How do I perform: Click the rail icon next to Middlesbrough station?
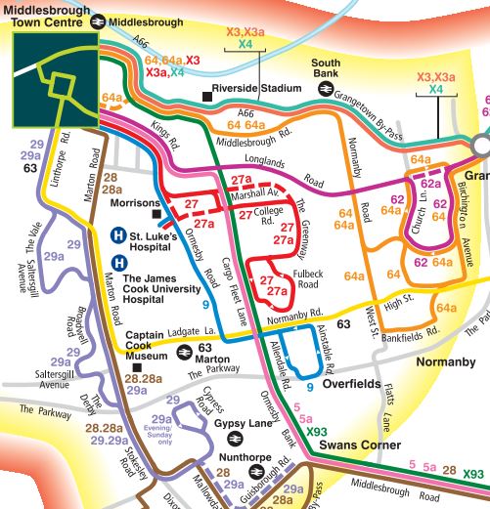(x=98, y=21)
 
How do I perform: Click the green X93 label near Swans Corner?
(x=317, y=431)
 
